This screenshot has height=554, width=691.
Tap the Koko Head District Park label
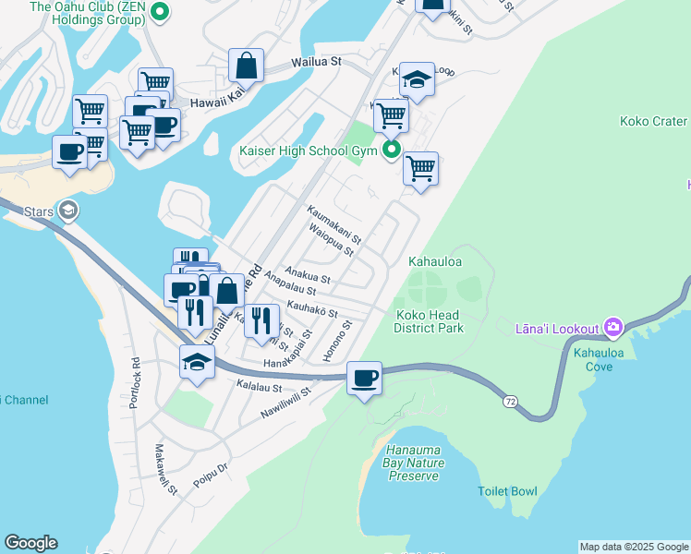pyautogui.click(x=428, y=320)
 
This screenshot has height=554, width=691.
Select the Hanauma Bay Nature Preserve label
pyautogui.click(x=413, y=463)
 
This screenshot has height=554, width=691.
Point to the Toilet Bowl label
pyautogui.click(x=507, y=491)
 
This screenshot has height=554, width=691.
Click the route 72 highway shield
pyautogui.click(x=510, y=402)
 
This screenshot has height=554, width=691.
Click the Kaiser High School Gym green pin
pyautogui.click(x=392, y=150)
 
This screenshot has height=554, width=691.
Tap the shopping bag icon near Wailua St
pyautogui.click(x=246, y=65)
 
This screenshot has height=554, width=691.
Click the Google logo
pyautogui.click(x=30, y=543)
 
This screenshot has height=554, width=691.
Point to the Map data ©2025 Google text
pyautogui.click(x=634, y=547)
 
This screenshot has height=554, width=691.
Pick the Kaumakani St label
pyautogui.click(x=333, y=224)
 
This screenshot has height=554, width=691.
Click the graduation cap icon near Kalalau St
pyautogui.click(x=197, y=362)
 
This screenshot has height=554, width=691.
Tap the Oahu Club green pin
pyautogui.click(x=159, y=12)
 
